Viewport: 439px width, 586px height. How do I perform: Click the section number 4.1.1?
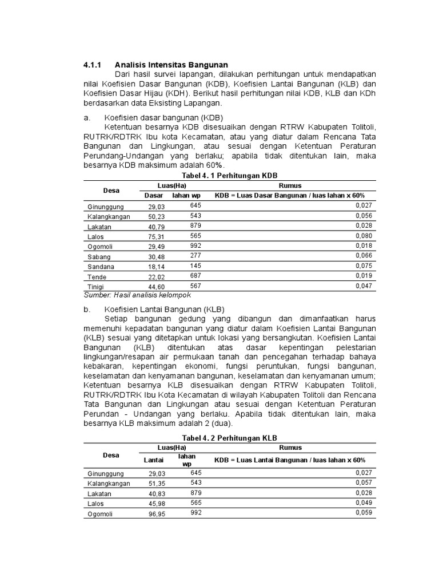[93, 65]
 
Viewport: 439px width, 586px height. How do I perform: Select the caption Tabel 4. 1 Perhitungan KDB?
[229, 175]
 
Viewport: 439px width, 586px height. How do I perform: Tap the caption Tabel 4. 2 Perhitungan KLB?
[229, 438]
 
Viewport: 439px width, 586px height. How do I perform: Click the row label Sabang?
[99, 257]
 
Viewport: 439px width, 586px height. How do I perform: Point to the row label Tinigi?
[95, 287]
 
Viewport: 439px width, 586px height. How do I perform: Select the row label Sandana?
[101, 267]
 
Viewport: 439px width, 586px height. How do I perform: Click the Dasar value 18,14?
[156, 267]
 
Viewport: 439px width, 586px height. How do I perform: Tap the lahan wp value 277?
[195, 255]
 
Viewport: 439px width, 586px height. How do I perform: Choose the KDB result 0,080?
[364, 236]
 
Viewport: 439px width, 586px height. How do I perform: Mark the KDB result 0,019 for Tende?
[364, 275]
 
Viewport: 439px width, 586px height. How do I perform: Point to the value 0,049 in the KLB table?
[364, 502]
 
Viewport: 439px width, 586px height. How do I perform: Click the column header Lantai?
[153, 460]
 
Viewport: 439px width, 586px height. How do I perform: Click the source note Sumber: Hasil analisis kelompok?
[137, 295]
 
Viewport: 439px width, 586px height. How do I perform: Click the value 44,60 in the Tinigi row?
[156, 287]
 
